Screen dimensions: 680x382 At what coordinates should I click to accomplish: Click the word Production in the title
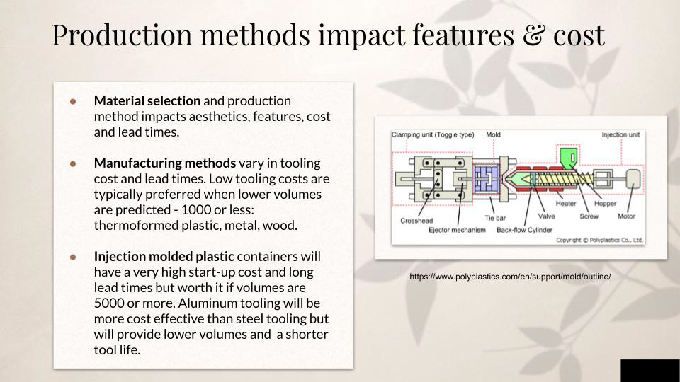[122, 35]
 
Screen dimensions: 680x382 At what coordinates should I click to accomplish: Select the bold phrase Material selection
[147, 101]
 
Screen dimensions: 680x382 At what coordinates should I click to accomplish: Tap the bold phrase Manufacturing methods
[165, 163]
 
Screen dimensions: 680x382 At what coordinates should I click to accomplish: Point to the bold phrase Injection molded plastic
[164, 256]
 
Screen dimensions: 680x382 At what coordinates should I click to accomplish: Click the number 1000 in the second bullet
[196, 210]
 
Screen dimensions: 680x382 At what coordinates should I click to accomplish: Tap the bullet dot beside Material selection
[73, 101]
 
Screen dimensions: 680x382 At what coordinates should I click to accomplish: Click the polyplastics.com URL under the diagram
[510, 277]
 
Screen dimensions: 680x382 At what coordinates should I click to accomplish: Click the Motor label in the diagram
[625, 216]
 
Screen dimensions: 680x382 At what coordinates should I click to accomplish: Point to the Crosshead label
[416, 221]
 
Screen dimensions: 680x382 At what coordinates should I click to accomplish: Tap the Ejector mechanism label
[457, 230]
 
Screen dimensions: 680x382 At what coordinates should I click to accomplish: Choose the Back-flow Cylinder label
[524, 230]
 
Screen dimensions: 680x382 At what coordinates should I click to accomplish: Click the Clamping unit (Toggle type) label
[433, 134]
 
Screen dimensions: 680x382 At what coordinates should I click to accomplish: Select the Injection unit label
[620, 134]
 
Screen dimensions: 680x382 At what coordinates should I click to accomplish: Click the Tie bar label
[495, 218]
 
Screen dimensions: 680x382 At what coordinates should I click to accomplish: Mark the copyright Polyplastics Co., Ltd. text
[599, 240]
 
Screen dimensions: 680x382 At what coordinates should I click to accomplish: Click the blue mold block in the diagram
[487, 178]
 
